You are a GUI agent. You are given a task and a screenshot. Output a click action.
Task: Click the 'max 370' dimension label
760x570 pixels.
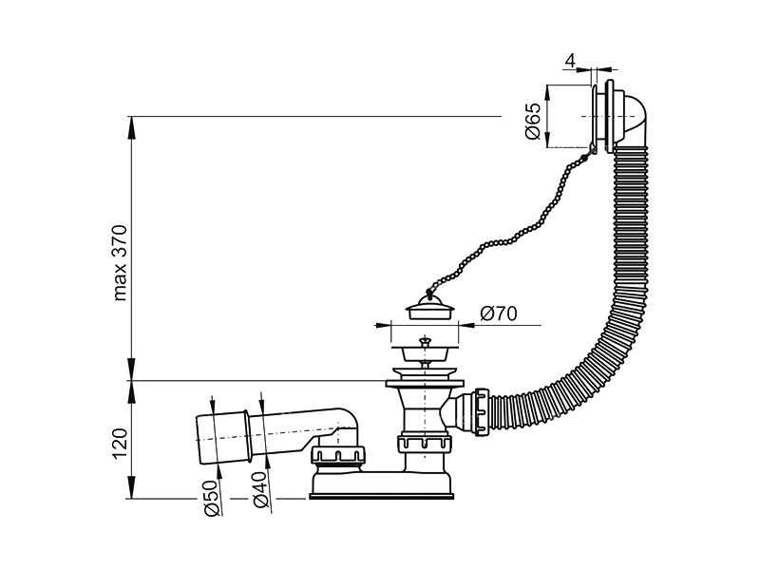[120, 263]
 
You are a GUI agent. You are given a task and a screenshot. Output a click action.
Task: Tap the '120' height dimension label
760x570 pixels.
[120, 444]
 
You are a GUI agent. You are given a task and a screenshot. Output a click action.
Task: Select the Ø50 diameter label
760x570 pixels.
[212, 498]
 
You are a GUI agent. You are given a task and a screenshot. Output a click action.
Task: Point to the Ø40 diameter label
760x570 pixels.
[260, 489]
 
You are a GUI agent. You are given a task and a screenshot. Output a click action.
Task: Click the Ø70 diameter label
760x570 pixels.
[499, 313]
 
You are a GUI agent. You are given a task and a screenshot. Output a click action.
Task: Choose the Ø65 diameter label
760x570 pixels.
[533, 121]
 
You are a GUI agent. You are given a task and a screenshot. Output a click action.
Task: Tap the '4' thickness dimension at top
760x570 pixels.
[571, 61]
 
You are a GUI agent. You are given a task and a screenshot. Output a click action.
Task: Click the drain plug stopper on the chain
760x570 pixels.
[430, 306]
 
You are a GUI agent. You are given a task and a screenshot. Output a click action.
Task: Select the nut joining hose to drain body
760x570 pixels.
[481, 412]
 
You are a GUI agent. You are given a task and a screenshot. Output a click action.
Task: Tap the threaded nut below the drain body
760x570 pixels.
[425, 443]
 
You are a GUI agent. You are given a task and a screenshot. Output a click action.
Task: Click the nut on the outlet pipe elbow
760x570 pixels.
[338, 455]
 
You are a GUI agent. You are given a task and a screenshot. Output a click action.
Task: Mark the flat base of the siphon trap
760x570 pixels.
[382, 496]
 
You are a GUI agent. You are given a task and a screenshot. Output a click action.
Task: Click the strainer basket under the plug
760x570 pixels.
[425, 352]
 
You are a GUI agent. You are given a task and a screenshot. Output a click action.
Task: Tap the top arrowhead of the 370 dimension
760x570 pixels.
[131, 126]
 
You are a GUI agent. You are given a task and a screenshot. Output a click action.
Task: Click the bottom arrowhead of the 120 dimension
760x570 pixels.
[131, 487]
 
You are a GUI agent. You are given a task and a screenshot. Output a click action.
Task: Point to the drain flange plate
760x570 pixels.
[425, 384]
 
